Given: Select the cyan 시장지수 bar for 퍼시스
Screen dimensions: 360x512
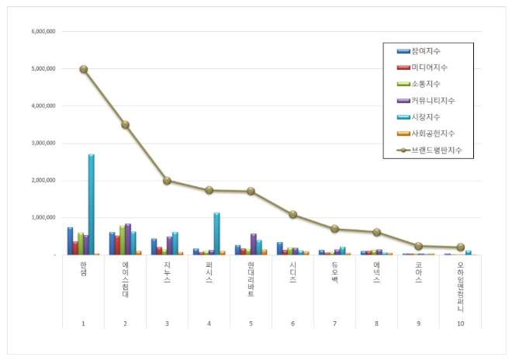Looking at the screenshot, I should point(216,234).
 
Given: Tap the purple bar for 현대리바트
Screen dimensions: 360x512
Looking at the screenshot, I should point(253,244).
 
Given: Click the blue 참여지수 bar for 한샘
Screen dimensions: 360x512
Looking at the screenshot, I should point(70,241).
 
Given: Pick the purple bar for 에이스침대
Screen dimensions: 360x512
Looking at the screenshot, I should point(127,239).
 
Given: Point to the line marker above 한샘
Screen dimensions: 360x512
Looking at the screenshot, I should point(83,69).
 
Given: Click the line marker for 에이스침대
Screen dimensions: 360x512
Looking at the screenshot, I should point(125,124).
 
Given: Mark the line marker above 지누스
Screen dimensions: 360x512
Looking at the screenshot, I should point(167,181).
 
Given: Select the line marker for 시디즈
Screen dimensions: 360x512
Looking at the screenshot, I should point(292,214).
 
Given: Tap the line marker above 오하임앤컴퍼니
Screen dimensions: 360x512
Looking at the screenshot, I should point(460,247).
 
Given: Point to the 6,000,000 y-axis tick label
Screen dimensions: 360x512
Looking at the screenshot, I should point(43,31).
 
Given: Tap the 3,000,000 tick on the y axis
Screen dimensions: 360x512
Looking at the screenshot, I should point(43,144).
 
